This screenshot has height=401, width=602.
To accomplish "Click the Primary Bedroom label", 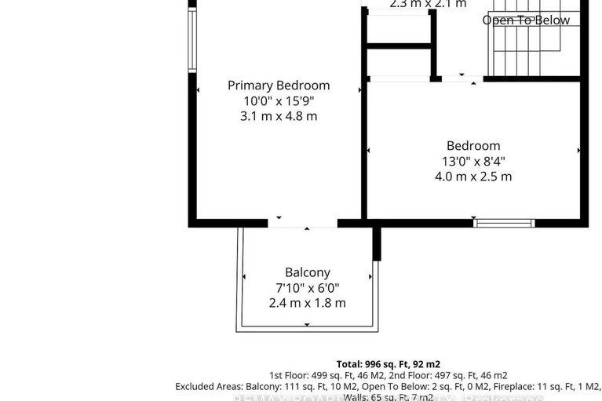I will (279, 86).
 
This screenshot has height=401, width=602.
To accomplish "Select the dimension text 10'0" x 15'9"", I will (279, 101).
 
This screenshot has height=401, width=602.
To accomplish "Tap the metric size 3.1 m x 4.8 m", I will (279, 116).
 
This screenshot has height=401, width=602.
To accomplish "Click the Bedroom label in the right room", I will (473, 146).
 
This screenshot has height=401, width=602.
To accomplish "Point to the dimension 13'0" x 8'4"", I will (473, 162).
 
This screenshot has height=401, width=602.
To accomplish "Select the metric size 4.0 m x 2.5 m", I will (473, 177).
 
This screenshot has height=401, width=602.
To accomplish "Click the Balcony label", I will (307, 272).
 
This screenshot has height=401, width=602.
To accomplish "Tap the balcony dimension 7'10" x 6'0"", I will (307, 288).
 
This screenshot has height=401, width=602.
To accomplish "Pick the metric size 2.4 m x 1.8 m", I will (307, 303).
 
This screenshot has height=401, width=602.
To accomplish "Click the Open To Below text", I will (526, 20).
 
